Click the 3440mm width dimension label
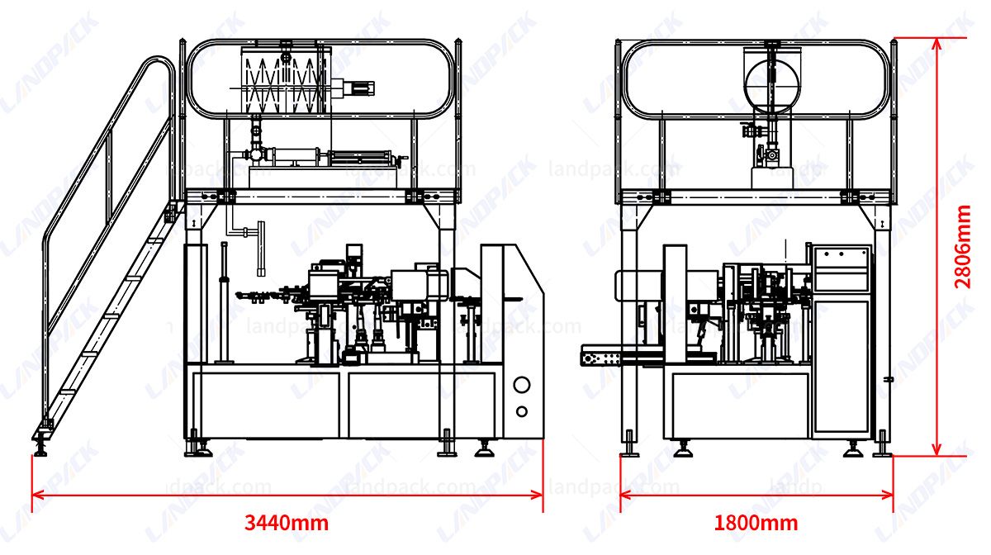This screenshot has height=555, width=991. pyautogui.click(x=286, y=523)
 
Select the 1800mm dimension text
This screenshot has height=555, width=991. pyautogui.click(x=756, y=523)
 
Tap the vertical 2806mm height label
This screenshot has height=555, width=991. pyautogui.click(x=963, y=246)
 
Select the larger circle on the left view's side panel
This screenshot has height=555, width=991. pyautogui.click(x=522, y=385)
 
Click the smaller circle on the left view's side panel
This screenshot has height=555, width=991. pyautogui.click(x=522, y=411)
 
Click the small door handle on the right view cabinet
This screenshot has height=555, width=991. pyautogui.click(x=888, y=379)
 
